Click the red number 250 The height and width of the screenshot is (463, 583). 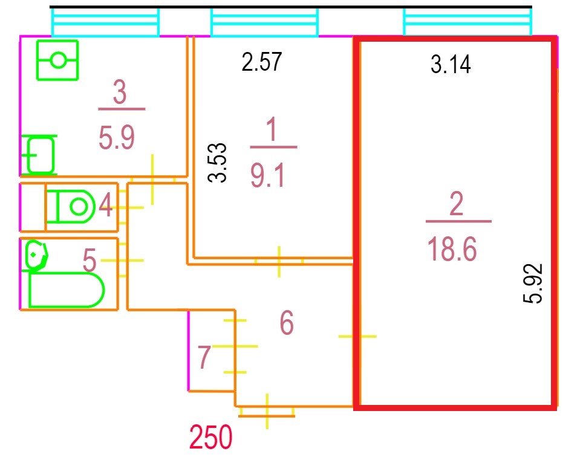211,437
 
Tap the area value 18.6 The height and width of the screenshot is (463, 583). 452,249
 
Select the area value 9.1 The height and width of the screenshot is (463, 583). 268,175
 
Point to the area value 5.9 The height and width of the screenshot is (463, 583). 116,137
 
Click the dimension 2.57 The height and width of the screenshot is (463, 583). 262,62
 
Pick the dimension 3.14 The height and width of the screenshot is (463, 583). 451,64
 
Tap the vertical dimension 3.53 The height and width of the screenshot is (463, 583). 217,163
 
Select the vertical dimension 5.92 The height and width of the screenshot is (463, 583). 533,283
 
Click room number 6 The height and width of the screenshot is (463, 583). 287,323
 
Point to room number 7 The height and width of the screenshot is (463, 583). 204,357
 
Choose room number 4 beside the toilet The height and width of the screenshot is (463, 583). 106,205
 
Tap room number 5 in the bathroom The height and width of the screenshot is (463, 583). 90,260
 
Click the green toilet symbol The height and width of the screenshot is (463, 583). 71,206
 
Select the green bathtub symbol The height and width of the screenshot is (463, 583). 66,290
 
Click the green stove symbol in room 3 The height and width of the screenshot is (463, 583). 57,60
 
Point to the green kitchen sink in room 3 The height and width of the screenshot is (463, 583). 40,155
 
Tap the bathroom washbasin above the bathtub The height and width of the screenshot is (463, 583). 36,255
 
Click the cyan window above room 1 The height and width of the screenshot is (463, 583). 264,22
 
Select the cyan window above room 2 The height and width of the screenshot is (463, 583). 467,22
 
